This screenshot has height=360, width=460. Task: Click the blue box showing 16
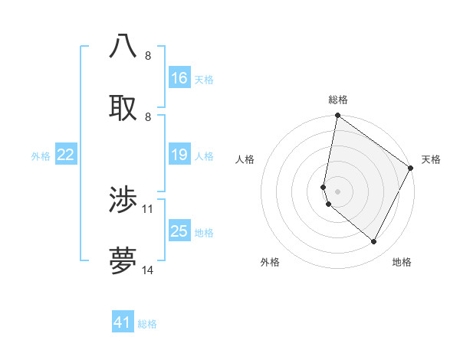179,78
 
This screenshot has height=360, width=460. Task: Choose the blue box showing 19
179,155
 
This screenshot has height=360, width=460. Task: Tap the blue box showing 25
179,231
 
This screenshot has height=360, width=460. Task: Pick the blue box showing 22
66,155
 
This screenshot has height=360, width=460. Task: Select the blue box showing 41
123,322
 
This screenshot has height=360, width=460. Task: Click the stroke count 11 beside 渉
148,208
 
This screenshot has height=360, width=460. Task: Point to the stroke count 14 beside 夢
148,270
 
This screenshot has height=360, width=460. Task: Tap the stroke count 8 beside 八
147,55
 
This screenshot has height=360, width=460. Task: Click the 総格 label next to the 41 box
147,324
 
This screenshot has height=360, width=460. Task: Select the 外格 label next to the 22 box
41,156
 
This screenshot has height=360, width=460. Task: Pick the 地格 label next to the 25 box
204,233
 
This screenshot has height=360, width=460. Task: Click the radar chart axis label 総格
337,100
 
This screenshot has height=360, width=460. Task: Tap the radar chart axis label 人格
245,159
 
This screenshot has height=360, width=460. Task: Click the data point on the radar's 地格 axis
374,242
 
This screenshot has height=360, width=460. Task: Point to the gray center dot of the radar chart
337,191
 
